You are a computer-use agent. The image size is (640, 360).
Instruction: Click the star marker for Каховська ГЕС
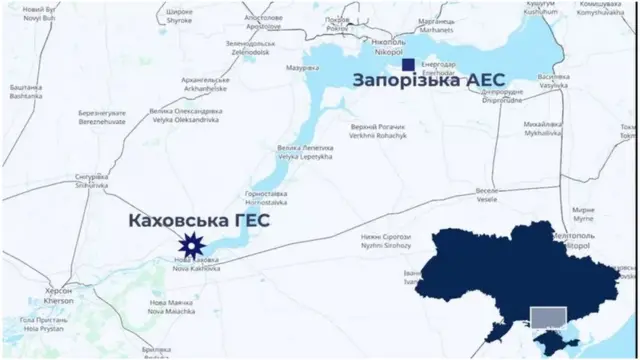point(191,243)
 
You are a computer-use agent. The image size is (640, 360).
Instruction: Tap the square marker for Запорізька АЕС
point(408,66)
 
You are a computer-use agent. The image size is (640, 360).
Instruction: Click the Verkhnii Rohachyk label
point(381,132)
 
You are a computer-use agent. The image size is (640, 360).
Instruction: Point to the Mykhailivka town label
point(543,128)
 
